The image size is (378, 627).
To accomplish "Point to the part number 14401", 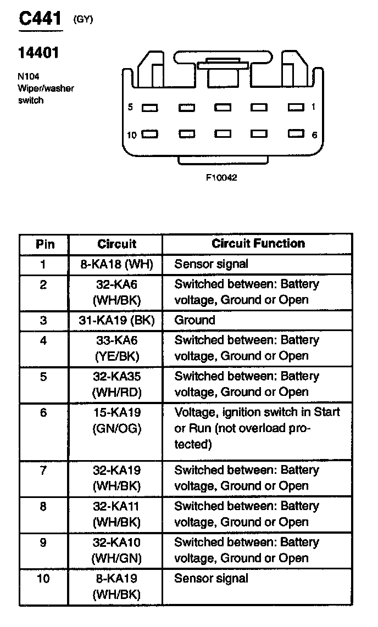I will pyautogui.click(x=38, y=53).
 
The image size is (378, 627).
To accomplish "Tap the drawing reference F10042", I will pyautogui.click(x=221, y=178).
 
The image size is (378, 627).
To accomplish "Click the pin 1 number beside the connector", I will pyautogui.click(x=314, y=107).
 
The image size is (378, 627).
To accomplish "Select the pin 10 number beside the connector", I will pyautogui.click(x=131, y=135).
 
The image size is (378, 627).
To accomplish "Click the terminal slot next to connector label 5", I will pyautogui.click(x=149, y=108).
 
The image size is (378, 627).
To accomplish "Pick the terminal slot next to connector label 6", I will pyautogui.click(x=296, y=134).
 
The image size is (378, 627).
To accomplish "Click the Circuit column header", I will pyautogui.click(x=116, y=244).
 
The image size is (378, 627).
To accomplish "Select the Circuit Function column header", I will pyautogui.click(x=258, y=243).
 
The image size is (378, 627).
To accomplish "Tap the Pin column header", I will pyautogui.click(x=45, y=244).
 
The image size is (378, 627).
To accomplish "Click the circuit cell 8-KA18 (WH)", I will pyautogui.click(x=116, y=264).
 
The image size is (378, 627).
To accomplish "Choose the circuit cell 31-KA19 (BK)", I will pyautogui.click(x=116, y=320).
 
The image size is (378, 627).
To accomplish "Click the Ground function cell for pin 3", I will pyautogui.click(x=195, y=320).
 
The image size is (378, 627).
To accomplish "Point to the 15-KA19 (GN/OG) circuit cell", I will pyautogui.click(x=116, y=421).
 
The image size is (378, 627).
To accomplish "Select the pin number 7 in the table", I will pyautogui.click(x=43, y=471).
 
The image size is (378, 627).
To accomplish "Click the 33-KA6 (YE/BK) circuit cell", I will pyautogui.click(x=116, y=348).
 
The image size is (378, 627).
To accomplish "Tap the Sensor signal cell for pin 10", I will pyautogui.click(x=212, y=578).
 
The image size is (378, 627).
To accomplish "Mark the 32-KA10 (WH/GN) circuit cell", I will pyautogui.click(x=116, y=550).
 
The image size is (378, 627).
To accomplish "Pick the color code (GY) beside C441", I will pyautogui.click(x=83, y=20).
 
